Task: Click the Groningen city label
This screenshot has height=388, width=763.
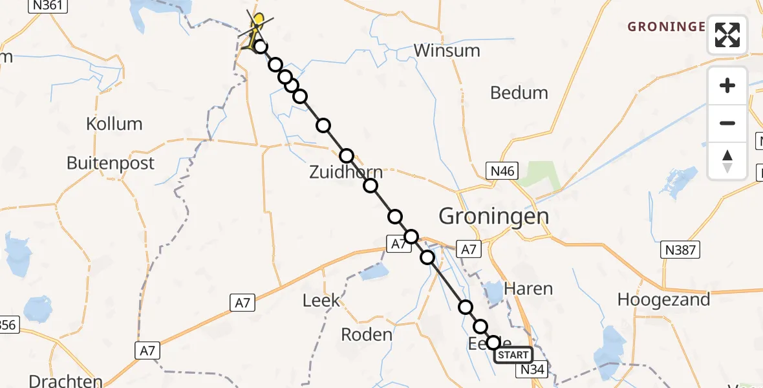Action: pyautogui.click(x=494, y=215)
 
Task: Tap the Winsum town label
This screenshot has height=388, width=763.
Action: pyautogui.click(x=447, y=50)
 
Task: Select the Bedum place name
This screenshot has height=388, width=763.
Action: pyautogui.click(x=519, y=92)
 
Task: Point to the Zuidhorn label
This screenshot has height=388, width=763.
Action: pyautogui.click(x=345, y=172)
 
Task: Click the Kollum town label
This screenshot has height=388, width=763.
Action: pyautogui.click(x=114, y=124)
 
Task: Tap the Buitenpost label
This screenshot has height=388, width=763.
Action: pyautogui.click(x=111, y=162)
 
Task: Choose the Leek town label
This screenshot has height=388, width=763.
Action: pyautogui.click(x=321, y=300)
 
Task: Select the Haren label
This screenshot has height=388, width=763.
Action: pyautogui.click(x=528, y=288)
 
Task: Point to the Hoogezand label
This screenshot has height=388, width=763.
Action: pyautogui.click(x=663, y=299)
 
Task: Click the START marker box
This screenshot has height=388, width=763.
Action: pyautogui.click(x=513, y=355)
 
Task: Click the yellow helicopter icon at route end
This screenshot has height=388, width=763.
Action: pyautogui.click(x=257, y=26)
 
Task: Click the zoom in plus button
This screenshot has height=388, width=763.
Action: pyautogui.click(x=727, y=85)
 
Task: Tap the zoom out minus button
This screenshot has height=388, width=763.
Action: pyautogui.click(x=727, y=123)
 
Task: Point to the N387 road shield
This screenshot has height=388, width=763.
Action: pyautogui.click(x=681, y=250)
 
